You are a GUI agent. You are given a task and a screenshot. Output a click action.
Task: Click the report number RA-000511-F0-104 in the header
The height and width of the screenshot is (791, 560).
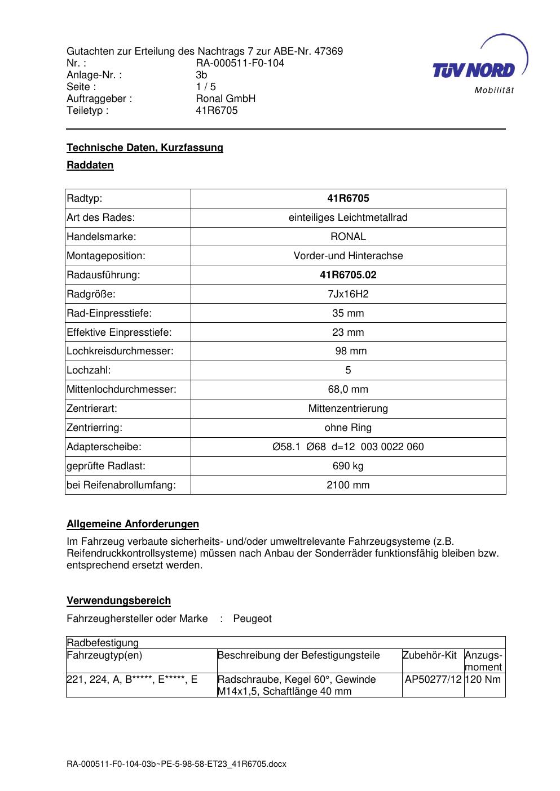click(240, 63)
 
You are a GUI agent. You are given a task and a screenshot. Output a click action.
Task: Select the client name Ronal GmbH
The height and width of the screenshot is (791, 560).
click(226, 99)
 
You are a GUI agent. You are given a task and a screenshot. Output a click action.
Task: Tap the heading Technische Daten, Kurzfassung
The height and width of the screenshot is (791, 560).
click(145, 148)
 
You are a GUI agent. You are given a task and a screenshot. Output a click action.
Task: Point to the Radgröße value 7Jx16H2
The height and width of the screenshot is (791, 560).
click(348, 294)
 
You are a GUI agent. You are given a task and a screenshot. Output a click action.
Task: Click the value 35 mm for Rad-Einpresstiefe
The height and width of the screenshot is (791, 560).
click(348, 313)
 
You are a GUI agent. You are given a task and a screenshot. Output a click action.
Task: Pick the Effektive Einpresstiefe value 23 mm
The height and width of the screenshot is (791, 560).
click(348, 332)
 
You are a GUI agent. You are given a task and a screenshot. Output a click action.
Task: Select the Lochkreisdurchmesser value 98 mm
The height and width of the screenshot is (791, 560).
click(351, 352)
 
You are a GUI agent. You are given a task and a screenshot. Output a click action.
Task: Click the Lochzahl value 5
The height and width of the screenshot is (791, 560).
click(348, 371)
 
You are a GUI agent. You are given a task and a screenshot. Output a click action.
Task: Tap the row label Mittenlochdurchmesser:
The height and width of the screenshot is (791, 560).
click(121, 389)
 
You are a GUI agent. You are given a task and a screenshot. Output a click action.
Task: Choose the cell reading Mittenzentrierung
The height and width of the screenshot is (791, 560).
click(348, 408)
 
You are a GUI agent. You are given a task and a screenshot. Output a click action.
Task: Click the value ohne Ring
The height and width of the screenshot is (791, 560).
click(348, 428)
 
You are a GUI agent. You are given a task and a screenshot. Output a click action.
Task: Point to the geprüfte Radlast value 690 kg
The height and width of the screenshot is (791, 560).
click(348, 466)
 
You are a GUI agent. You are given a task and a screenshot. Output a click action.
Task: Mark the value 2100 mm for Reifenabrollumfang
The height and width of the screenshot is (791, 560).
click(348, 485)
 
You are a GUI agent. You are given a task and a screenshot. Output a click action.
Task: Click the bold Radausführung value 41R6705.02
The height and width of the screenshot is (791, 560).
click(348, 275)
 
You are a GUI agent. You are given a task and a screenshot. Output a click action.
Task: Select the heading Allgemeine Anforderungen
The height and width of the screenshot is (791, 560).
click(133, 525)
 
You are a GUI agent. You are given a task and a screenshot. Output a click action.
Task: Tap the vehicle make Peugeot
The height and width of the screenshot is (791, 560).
click(252, 619)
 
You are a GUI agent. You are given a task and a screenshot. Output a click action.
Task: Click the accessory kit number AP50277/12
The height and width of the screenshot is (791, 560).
click(433, 679)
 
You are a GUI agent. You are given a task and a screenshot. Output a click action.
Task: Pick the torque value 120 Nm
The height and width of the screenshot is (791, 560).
click(483, 679)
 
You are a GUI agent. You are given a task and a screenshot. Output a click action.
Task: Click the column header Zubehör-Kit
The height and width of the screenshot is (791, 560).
click(430, 655)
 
